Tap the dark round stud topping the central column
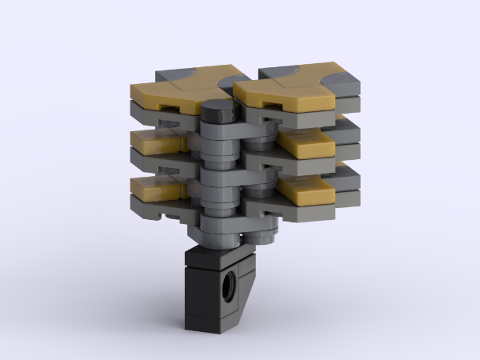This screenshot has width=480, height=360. [x=215, y=110]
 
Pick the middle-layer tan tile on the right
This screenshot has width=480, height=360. [x=308, y=145]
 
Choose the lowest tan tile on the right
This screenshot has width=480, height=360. [x=306, y=191]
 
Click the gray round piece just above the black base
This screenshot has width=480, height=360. [x=218, y=234]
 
